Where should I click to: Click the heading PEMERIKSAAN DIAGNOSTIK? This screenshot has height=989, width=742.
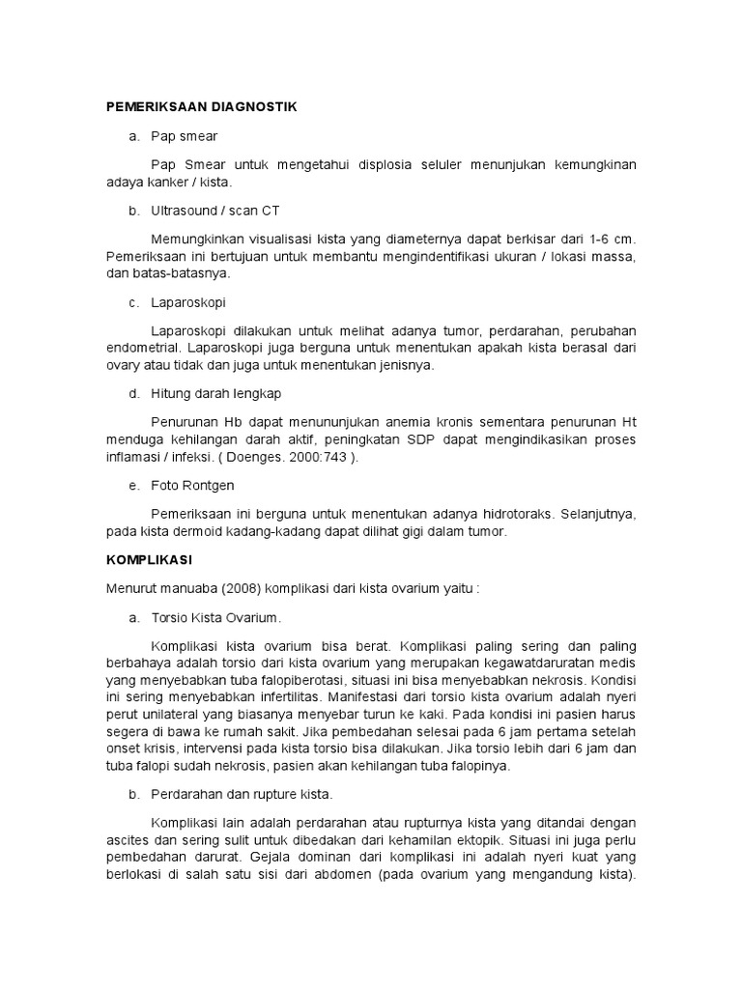pos(200,106)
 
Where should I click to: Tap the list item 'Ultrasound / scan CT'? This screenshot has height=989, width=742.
pos(215,210)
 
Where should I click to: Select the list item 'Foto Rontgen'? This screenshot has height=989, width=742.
pos(192,485)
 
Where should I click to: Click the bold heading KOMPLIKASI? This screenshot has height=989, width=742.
pos(150,559)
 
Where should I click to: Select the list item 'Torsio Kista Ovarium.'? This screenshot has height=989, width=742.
pos(216,616)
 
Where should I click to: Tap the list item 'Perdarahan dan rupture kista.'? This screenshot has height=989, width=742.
pos(242,794)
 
